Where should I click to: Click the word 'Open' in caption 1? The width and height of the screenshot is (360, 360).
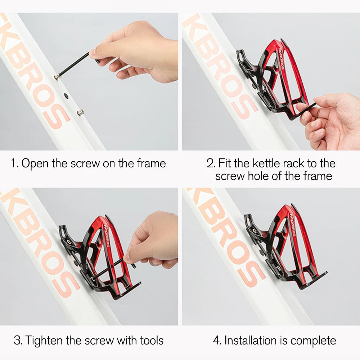pos(35,163)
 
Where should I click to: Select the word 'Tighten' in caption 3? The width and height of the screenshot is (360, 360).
pos(45,340)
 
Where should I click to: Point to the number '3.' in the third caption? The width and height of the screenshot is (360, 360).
pos(18,340)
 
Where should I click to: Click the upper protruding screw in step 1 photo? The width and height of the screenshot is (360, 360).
pos(57,76)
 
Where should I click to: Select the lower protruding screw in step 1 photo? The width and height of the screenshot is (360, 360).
pos(80,112)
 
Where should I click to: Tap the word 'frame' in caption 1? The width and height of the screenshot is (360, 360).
pos(151,163)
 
